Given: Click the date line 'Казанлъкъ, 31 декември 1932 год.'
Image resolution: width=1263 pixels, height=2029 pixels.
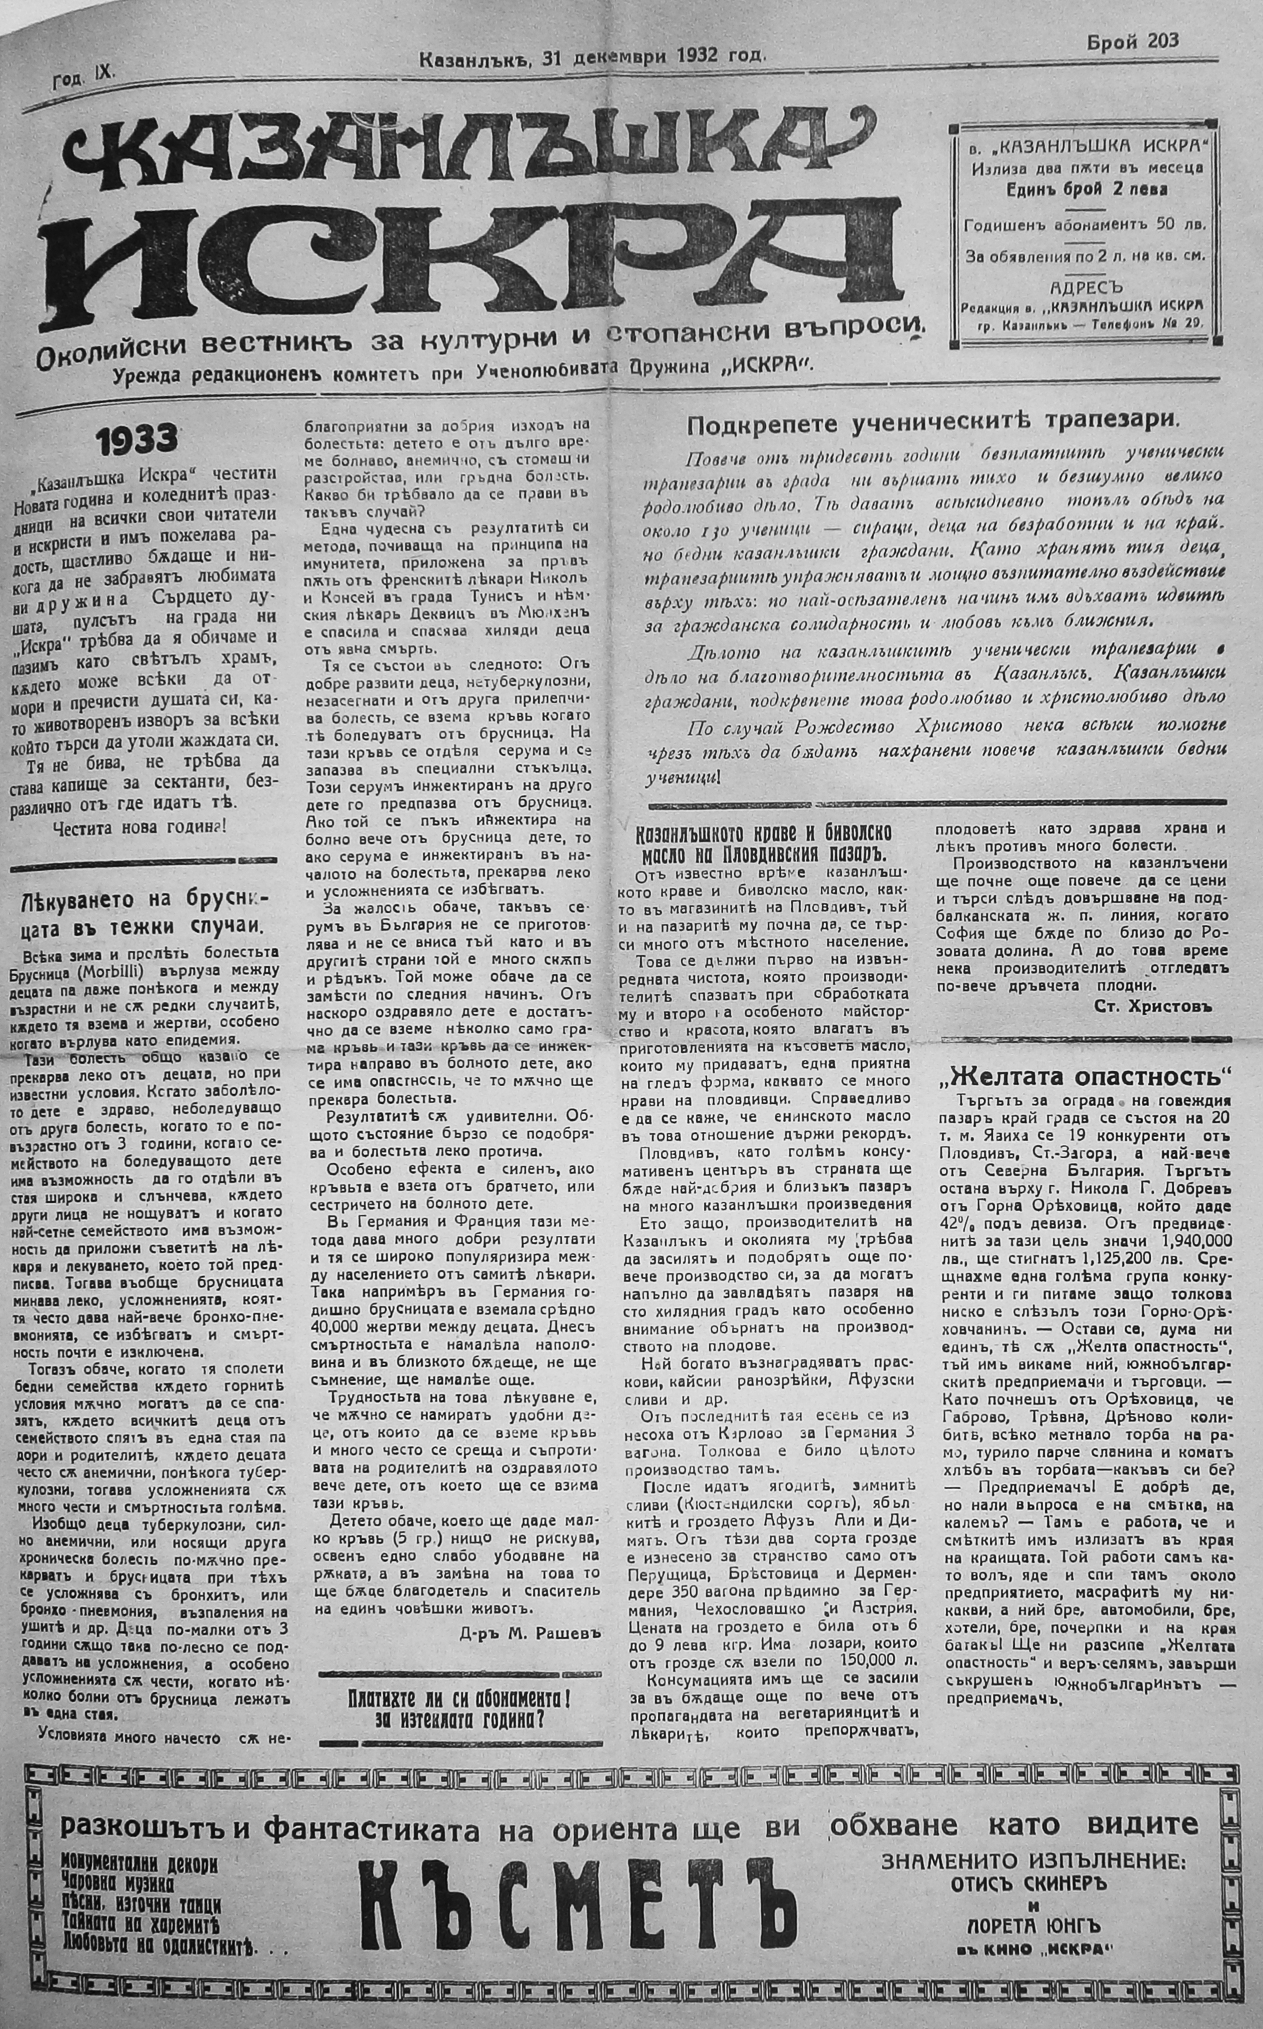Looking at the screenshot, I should (592, 58).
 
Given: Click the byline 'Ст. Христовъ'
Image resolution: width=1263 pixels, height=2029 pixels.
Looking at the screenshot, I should (1151, 1006).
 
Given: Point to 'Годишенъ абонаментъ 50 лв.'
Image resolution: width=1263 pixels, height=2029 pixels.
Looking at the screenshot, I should (1083, 226).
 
